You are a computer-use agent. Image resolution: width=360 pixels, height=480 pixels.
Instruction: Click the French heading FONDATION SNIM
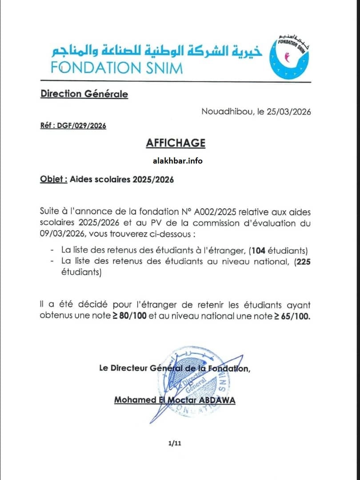[x=116, y=68]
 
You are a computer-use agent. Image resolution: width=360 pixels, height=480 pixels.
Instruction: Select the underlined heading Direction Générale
[x=84, y=94]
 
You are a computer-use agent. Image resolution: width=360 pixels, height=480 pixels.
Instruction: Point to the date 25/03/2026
[x=289, y=111]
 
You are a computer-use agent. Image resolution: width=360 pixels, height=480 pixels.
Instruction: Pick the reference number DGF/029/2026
[x=81, y=126]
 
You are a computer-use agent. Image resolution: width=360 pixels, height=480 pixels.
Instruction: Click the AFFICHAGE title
[x=176, y=143]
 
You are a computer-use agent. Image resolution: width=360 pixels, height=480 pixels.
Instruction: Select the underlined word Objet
[x=53, y=180]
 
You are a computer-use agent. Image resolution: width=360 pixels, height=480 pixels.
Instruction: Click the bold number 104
[x=258, y=250]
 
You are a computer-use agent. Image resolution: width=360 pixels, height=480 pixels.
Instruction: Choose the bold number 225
[x=304, y=262]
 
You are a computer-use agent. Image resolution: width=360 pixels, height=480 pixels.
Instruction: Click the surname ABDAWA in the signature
[x=216, y=400]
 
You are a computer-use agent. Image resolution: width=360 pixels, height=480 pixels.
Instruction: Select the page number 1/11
[x=175, y=443]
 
